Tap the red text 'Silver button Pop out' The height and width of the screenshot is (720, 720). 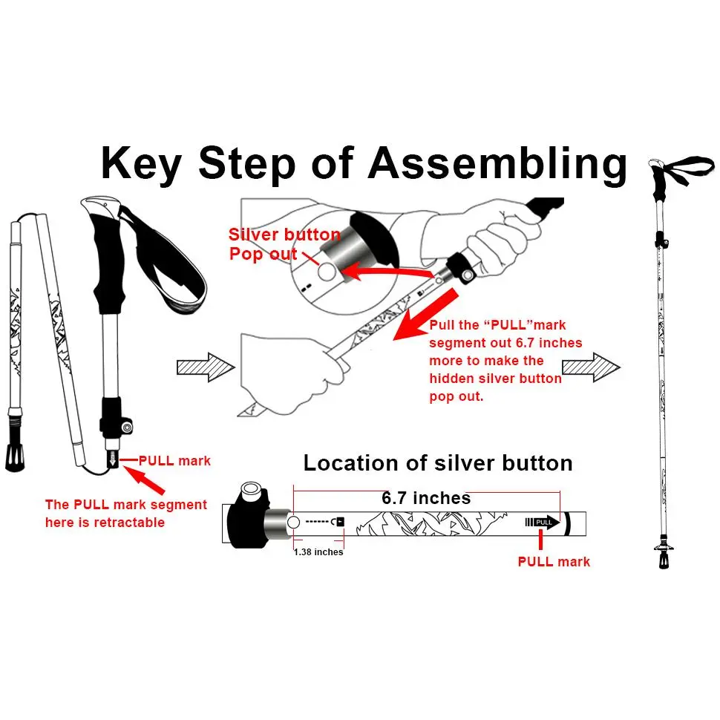click(x=284, y=244)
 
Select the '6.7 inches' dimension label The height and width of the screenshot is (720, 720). click(x=426, y=498)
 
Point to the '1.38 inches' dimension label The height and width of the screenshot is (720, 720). click(x=318, y=552)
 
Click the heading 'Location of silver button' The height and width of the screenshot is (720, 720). click(x=438, y=463)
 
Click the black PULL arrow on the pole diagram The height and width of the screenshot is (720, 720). click(x=543, y=521)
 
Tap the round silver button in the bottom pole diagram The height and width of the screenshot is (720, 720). click(x=293, y=522)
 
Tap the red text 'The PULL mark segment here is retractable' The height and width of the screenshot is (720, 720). click(x=126, y=513)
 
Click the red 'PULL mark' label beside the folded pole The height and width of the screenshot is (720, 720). click(x=175, y=461)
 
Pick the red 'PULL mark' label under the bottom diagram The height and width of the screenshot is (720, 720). click(x=554, y=562)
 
